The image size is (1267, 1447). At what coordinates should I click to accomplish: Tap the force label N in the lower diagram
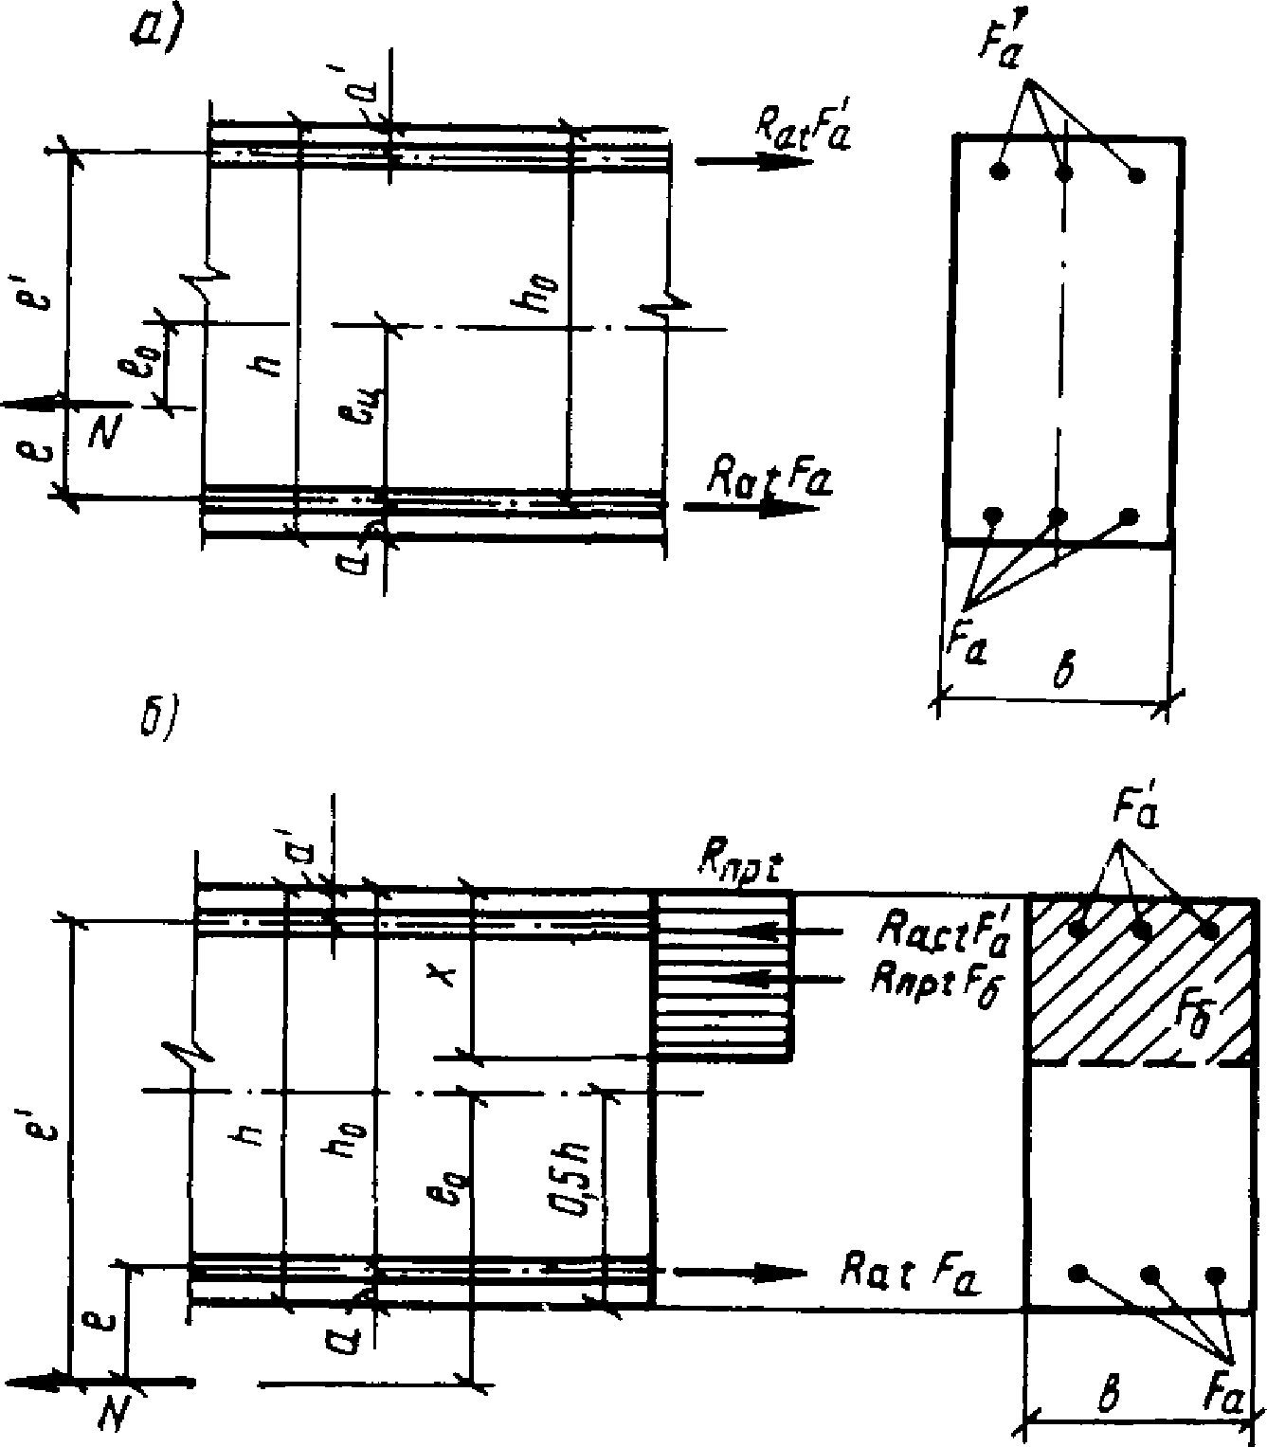pos(113,1416)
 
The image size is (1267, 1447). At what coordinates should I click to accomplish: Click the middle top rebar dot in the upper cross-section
pos(1064,172)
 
